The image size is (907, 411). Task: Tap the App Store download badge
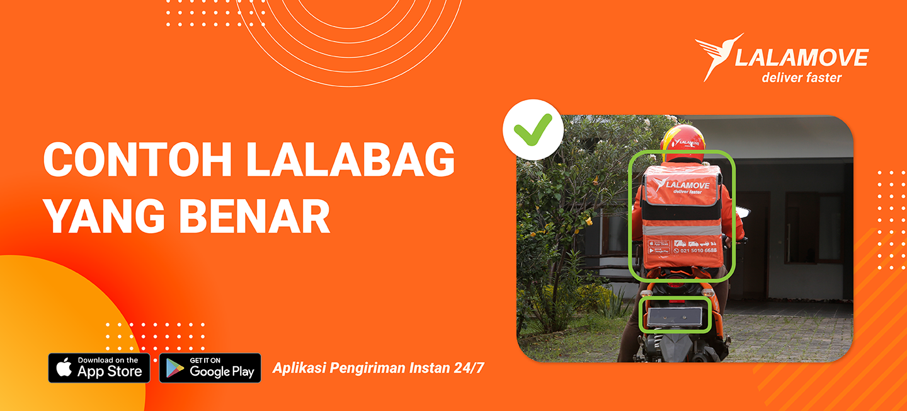tap(99, 368)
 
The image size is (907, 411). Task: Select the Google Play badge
tap(210, 368)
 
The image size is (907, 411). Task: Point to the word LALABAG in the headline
tap(350, 161)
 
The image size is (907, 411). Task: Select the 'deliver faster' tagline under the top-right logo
tap(801, 78)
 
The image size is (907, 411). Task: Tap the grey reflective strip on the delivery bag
tap(682, 229)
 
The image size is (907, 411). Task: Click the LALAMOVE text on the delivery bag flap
tap(690, 185)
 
